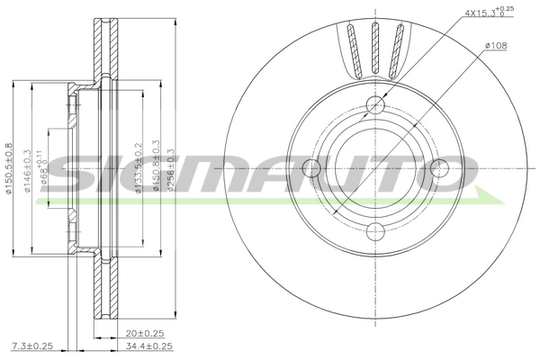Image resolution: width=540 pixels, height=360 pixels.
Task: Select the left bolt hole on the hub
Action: click(313, 167)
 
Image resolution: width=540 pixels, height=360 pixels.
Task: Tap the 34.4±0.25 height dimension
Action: click(148, 346)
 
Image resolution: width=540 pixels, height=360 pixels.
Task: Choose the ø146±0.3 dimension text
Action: click(28, 173)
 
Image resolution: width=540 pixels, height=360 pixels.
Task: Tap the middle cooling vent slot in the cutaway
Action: click(375, 44)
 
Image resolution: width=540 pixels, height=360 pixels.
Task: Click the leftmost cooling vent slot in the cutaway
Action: click(353, 45)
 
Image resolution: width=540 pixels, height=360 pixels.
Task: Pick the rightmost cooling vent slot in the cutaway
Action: click(398, 45)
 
